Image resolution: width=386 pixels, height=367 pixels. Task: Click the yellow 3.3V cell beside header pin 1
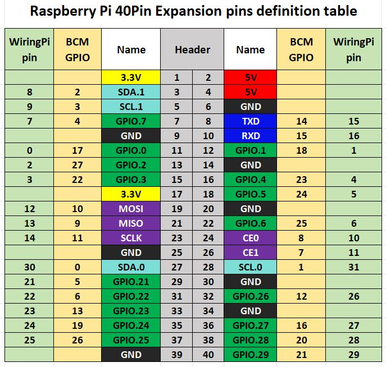pos(131,77)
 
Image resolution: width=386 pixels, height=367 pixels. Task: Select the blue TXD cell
pos(250,121)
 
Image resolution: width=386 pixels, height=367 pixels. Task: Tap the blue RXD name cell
pos(250,136)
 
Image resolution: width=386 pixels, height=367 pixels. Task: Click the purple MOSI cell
pos(131,209)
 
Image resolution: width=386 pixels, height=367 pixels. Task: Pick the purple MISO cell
pos(131,223)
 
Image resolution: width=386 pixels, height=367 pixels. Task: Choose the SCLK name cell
pos(131,238)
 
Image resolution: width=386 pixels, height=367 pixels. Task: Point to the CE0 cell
pos(250,238)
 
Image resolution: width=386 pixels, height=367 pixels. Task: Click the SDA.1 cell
pos(131,92)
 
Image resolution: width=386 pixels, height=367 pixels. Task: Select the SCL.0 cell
pos(250,267)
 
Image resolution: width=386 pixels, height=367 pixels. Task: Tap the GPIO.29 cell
pos(250,355)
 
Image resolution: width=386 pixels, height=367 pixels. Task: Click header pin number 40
pos(208,355)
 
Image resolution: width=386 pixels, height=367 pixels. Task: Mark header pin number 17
pos(177,194)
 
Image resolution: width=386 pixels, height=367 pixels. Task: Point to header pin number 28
pos(208,267)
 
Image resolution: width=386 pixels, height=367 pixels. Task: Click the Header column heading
pos(192,49)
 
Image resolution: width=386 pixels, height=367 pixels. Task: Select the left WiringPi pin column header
pos(29,49)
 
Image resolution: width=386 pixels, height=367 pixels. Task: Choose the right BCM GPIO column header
pos(301,49)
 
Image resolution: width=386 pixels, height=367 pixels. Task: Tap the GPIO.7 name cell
pos(131,121)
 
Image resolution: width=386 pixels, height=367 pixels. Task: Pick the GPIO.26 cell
pos(250,296)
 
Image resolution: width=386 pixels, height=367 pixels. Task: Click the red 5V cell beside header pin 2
pos(250,77)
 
